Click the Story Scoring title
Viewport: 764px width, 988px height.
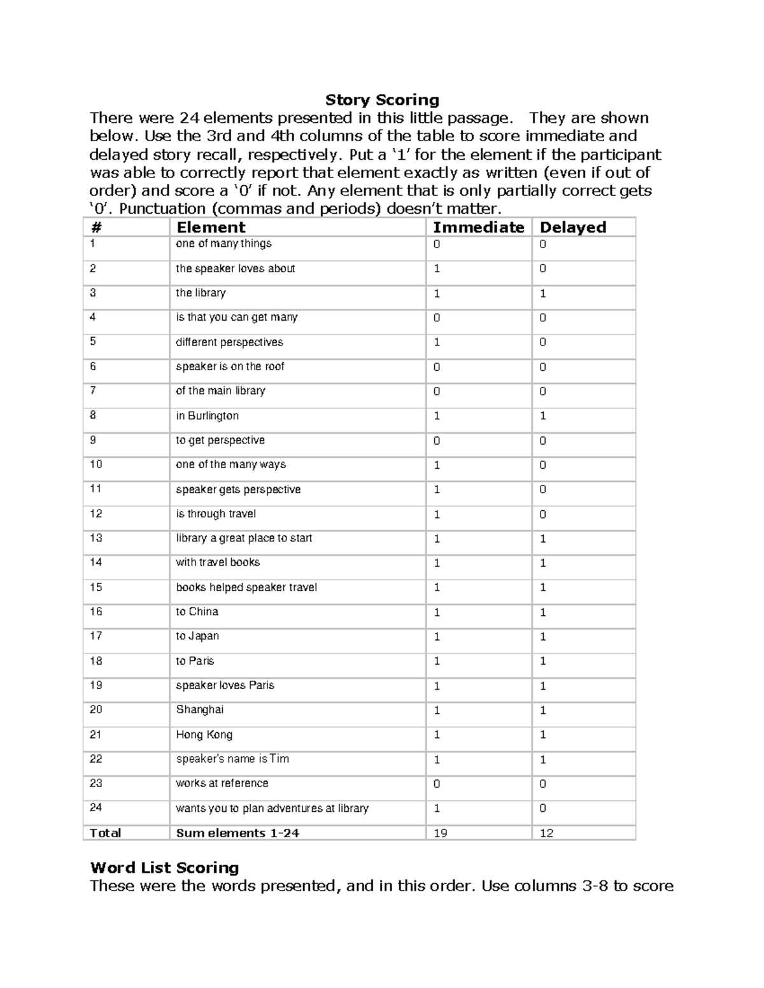pyautogui.click(x=382, y=100)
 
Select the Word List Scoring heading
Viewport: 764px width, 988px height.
pyautogui.click(x=164, y=868)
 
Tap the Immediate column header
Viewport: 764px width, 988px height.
pyautogui.click(x=478, y=227)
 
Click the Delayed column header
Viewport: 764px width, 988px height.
pyautogui.click(x=572, y=227)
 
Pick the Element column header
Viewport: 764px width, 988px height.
pyautogui.click(x=211, y=227)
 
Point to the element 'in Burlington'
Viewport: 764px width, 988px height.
pyautogui.click(x=207, y=416)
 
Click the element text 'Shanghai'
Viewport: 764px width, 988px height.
pyautogui.click(x=199, y=709)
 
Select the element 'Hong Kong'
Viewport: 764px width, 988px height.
pyautogui.click(x=204, y=735)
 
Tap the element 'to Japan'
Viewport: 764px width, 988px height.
pyautogui.click(x=197, y=636)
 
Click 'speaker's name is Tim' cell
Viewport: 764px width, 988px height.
pyautogui.click(x=232, y=759)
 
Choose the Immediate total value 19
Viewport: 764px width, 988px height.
pyautogui.click(x=440, y=833)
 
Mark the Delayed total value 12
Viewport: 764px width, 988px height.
pyautogui.click(x=546, y=833)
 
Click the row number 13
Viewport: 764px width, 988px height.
pyautogui.click(x=95, y=538)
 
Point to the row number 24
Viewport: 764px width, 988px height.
pyautogui.click(x=95, y=807)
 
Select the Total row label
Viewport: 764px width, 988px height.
pyautogui.click(x=105, y=833)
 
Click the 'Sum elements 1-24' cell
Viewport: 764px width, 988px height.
pyautogui.click(x=237, y=833)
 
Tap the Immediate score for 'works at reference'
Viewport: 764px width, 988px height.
pyautogui.click(x=437, y=784)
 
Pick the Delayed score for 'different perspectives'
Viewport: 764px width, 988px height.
pyautogui.click(x=542, y=343)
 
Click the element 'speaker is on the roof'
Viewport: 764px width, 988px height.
pyautogui.click(x=230, y=366)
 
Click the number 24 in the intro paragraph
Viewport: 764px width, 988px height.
pyautogui.click(x=188, y=118)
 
